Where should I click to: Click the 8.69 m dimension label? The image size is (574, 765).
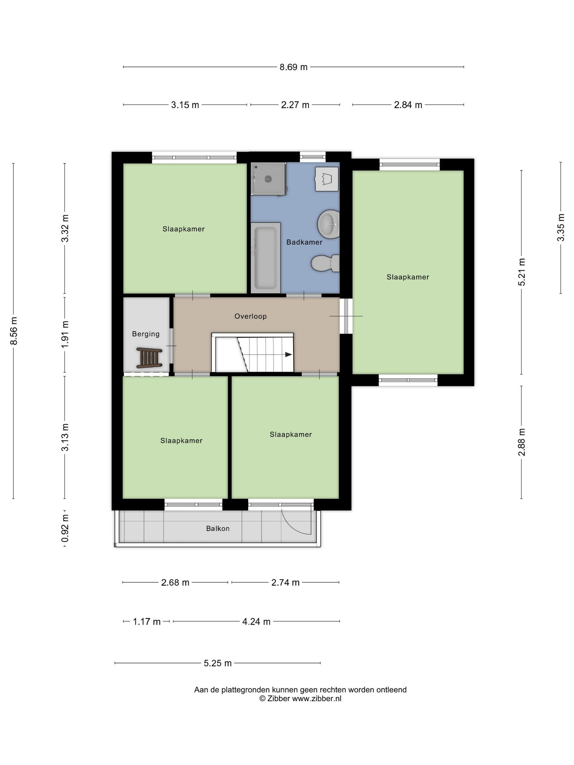coord(293,67)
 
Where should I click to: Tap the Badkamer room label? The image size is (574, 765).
coord(304,242)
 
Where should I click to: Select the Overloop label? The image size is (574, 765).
coord(250,316)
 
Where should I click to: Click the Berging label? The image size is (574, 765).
coord(146,334)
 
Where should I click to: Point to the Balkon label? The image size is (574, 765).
coord(217,529)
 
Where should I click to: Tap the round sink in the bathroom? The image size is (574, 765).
coord(328,224)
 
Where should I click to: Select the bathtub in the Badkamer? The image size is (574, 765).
coord(265,258)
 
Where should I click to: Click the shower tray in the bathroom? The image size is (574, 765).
coord(268,179)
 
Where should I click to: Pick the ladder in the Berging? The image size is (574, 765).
coord(149,357)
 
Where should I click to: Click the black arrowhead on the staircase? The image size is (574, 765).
coord(288,354)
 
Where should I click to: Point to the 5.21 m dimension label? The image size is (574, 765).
coord(522,272)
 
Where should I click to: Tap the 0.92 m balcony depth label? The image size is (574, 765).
coord(65,528)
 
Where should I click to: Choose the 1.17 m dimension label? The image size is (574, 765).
coord(147,622)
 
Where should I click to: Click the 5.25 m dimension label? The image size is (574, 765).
coord(217,663)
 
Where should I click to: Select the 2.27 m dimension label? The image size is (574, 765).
coord(295,105)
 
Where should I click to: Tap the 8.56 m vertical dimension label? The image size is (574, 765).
coord(14,331)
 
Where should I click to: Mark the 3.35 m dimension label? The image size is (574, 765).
coord(561,227)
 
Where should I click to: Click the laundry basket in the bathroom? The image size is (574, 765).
coord(327,179)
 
